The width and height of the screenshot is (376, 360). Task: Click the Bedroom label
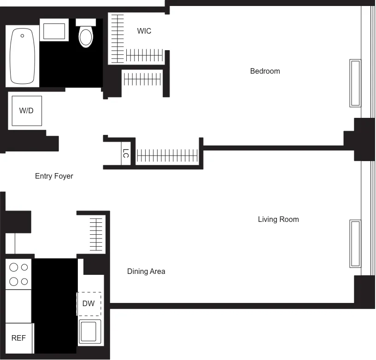point(265,71)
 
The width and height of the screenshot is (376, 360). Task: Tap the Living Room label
point(278,219)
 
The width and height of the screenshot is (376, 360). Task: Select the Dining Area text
point(146,271)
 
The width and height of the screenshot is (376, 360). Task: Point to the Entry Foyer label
point(54,176)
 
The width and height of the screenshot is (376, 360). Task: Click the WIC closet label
point(144,31)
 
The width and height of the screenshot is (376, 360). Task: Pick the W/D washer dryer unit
point(27,111)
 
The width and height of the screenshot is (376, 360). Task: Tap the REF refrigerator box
point(18,338)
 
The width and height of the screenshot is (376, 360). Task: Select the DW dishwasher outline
point(88,303)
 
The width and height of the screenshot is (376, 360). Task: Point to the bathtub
point(22,56)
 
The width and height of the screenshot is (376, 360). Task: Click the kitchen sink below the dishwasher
point(90,331)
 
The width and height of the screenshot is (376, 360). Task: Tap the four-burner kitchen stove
point(18,274)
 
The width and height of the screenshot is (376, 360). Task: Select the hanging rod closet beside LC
point(167,155)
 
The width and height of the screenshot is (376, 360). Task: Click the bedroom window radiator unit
point(355,83)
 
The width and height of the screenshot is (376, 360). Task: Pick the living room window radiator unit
point(355,244)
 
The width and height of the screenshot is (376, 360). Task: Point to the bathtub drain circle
point(22,35)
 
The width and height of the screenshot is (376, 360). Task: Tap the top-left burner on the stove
point(14,267)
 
